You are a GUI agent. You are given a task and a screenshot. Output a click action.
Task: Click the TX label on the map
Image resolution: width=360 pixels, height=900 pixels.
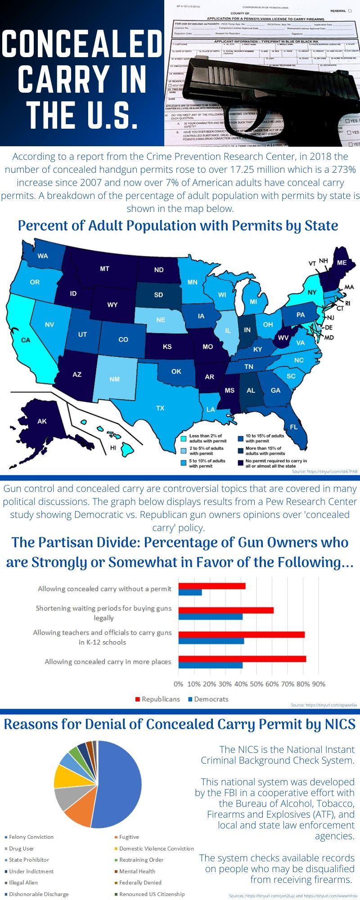coord(160,408)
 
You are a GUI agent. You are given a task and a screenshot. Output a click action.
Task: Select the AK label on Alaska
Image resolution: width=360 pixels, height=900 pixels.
coord(42,421)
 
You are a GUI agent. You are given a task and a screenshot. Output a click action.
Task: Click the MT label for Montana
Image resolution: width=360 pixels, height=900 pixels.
coord(104,269)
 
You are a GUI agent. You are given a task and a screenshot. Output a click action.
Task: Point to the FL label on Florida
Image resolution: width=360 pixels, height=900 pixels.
coord(293,427)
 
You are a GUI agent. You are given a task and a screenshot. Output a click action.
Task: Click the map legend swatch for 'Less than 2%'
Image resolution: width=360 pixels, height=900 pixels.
coord(184,438)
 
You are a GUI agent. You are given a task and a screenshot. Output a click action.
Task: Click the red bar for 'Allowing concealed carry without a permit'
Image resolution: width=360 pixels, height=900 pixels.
coord(211,586)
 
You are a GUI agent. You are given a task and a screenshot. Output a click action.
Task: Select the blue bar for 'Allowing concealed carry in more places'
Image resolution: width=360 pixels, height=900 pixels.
coord(210,665)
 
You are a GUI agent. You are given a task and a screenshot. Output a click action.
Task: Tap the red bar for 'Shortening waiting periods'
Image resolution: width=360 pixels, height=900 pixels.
coord(226,610)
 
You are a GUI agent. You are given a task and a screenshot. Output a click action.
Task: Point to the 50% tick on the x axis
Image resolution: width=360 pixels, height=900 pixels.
coord(256,684)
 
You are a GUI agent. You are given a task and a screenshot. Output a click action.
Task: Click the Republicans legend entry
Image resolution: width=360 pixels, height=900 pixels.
coord(157,699)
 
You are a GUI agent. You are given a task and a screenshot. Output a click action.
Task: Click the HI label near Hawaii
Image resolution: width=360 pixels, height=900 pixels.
coord(113,448)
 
